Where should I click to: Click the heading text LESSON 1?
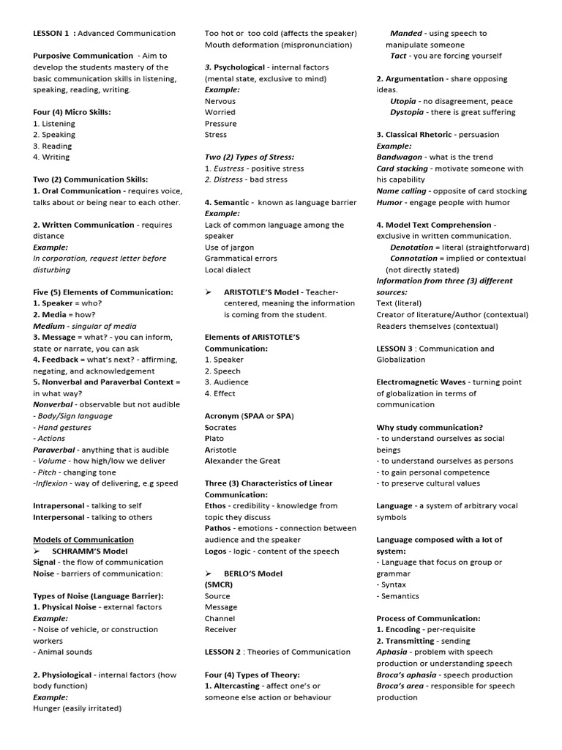[50, 33]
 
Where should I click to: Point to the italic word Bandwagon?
[398, 157]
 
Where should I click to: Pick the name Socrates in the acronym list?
[220, 428]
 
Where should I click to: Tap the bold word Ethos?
[216, 505]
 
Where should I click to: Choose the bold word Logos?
[215, 551]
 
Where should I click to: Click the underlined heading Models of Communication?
[83, 540]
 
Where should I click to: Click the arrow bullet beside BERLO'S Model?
[209, 573]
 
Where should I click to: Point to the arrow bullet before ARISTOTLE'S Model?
[209, 292]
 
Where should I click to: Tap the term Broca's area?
[400, 686]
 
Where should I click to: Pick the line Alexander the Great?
[242, 461]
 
